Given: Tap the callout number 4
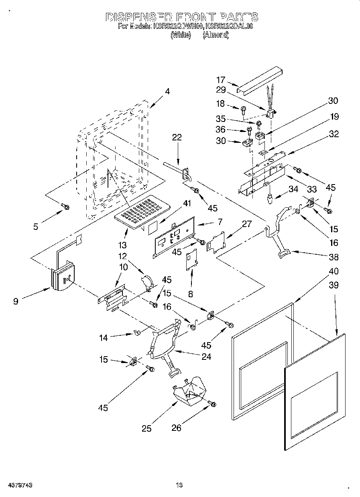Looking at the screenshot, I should pos(167,91).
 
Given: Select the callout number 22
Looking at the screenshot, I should pos(177,138).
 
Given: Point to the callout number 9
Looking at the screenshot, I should pos(16,301).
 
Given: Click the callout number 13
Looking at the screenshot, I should pos(122,245).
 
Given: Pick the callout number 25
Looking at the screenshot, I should pos(147,428).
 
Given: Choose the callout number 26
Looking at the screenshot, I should pos(177,428).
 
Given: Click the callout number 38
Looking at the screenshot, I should pos(334,258).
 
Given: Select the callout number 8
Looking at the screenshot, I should pos(191,294).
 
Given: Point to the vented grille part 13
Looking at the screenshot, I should pos(143,211).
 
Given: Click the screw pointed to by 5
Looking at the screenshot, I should pos(65,207).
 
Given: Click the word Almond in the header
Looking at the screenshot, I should pos(216,35).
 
